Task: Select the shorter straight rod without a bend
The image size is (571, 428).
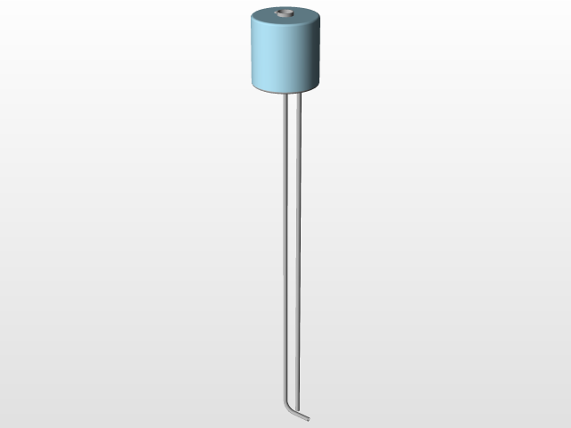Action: point(298,223)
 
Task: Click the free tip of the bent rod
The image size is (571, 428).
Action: point(309,417)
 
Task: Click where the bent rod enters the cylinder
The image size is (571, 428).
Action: point(285,95)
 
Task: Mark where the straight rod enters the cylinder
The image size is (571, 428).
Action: point(298,95)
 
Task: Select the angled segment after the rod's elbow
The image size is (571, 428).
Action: point(299,413)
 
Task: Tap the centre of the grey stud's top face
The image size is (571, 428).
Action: point(285,12)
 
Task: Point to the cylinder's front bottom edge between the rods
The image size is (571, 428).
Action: point(292,94)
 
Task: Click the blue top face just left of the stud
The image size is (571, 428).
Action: point(268,17)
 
